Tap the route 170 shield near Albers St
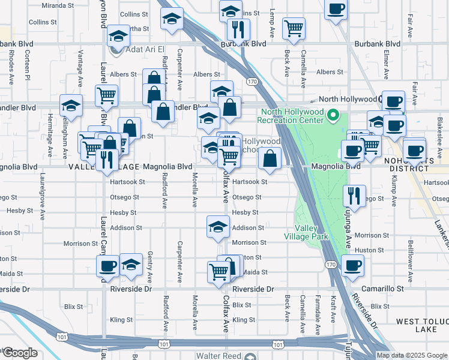(252, 81)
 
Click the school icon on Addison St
(218, 226)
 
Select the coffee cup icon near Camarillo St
(352, 265)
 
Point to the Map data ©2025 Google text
(411, 355)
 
